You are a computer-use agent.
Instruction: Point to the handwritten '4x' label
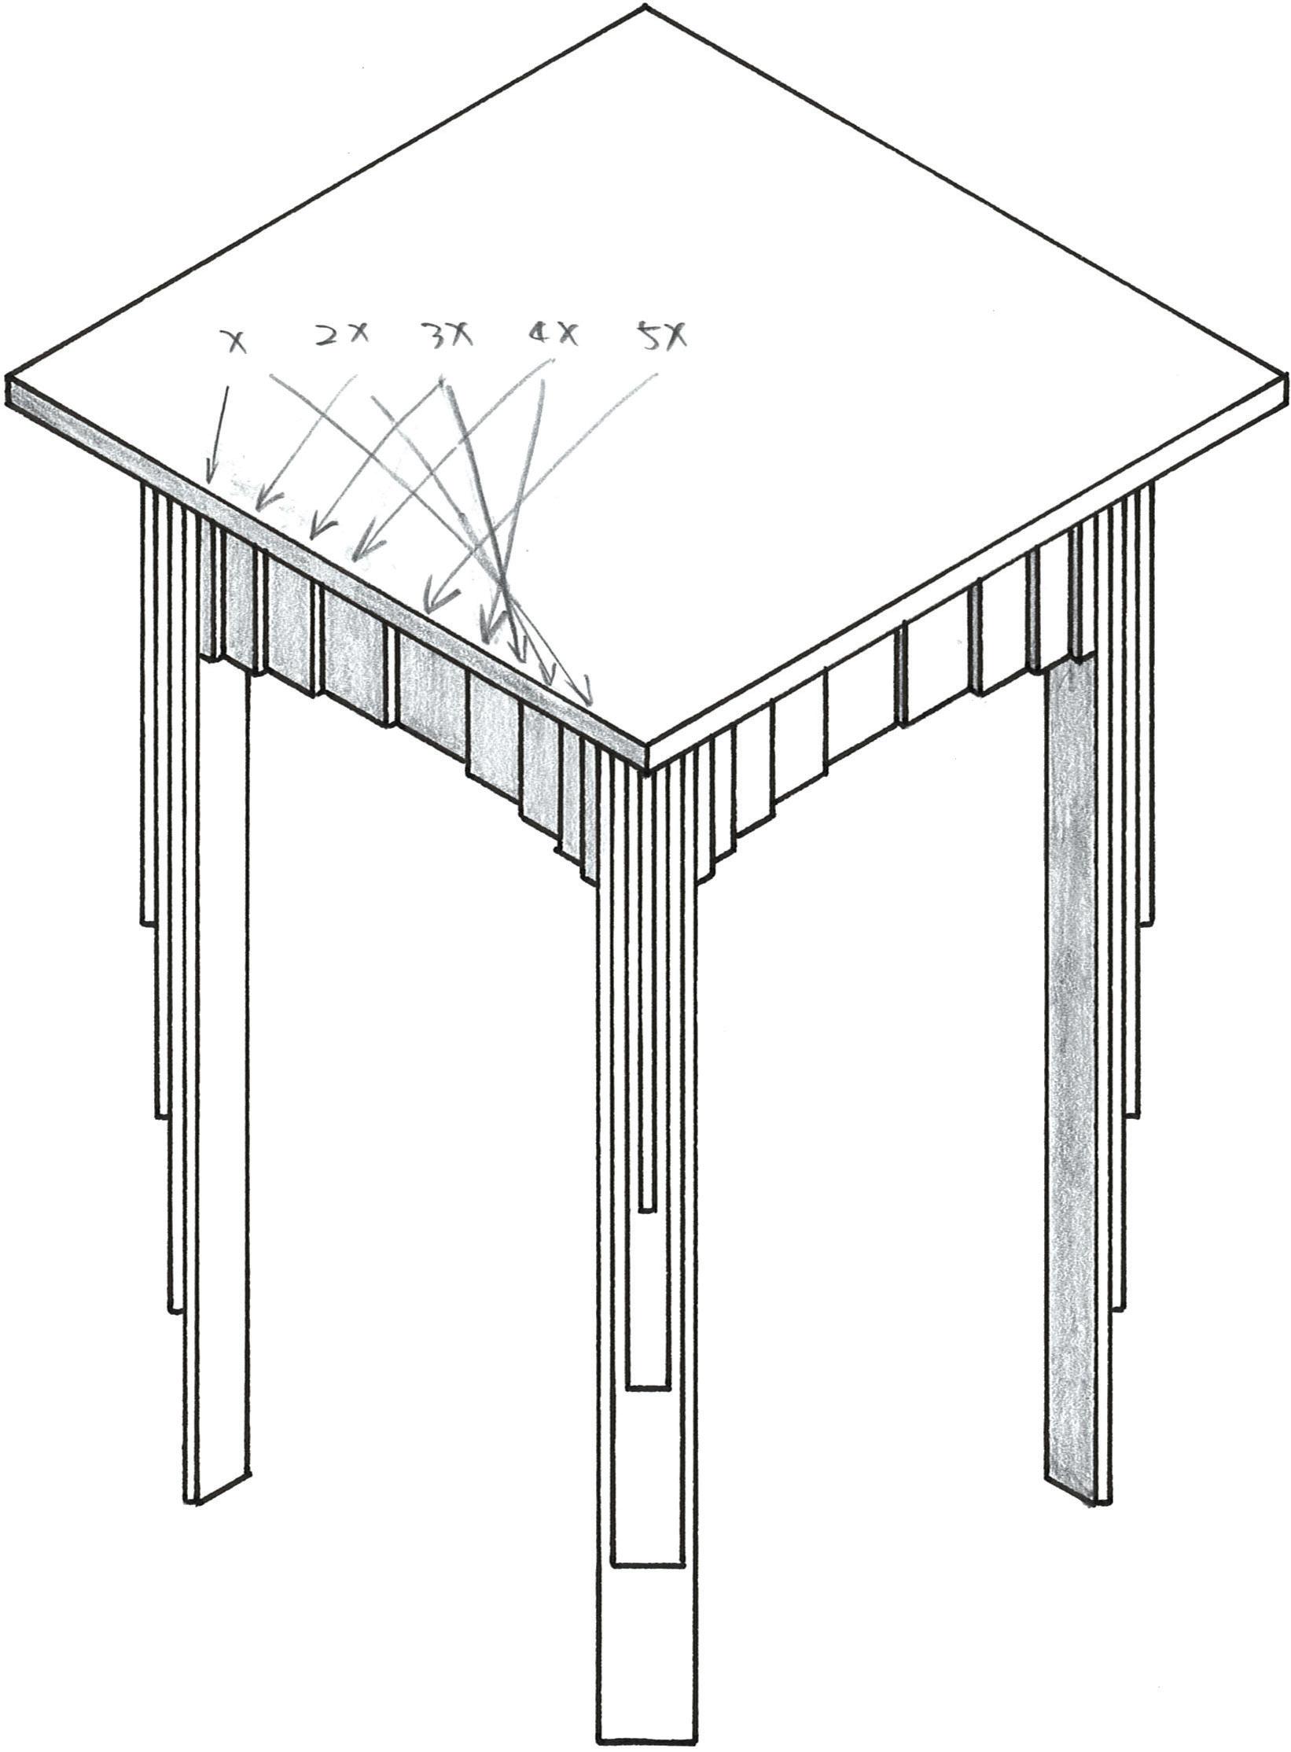click(551, 336)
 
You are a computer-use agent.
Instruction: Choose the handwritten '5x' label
click(661, 337)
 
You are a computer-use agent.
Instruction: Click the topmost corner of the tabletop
click(645, 8)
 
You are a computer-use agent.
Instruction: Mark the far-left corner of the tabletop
click(8, 380)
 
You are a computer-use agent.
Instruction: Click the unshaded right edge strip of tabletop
click(967, 566)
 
